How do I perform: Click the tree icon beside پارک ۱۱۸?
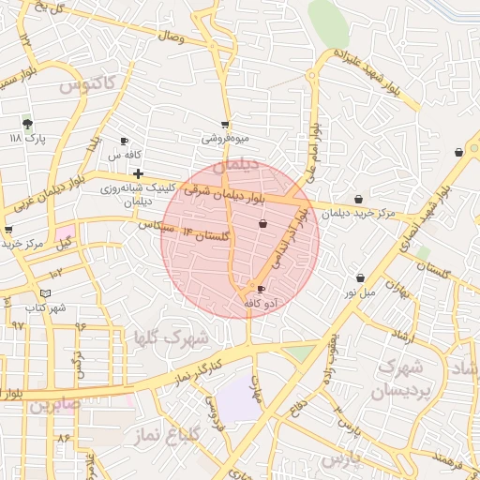pyautogui.click(x=27, y=123)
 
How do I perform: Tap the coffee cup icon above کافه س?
pyautogui.click(x=125, y=141)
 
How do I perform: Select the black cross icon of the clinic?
pyautogui.click(x=139, y=173)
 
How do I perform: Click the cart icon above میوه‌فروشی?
pyautogui.click(x=225, y=124)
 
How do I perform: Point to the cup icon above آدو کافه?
pyautogui.click(x=261, y=289)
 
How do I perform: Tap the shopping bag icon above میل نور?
pyautogui.click(x=361, y=277)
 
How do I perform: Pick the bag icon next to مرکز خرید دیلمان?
pyautogui.click(x=360, y=199)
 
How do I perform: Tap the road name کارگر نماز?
pyautogui.click(x=198, y=370)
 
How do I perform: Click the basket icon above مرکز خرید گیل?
pyautogui.click(x=8, y=229)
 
